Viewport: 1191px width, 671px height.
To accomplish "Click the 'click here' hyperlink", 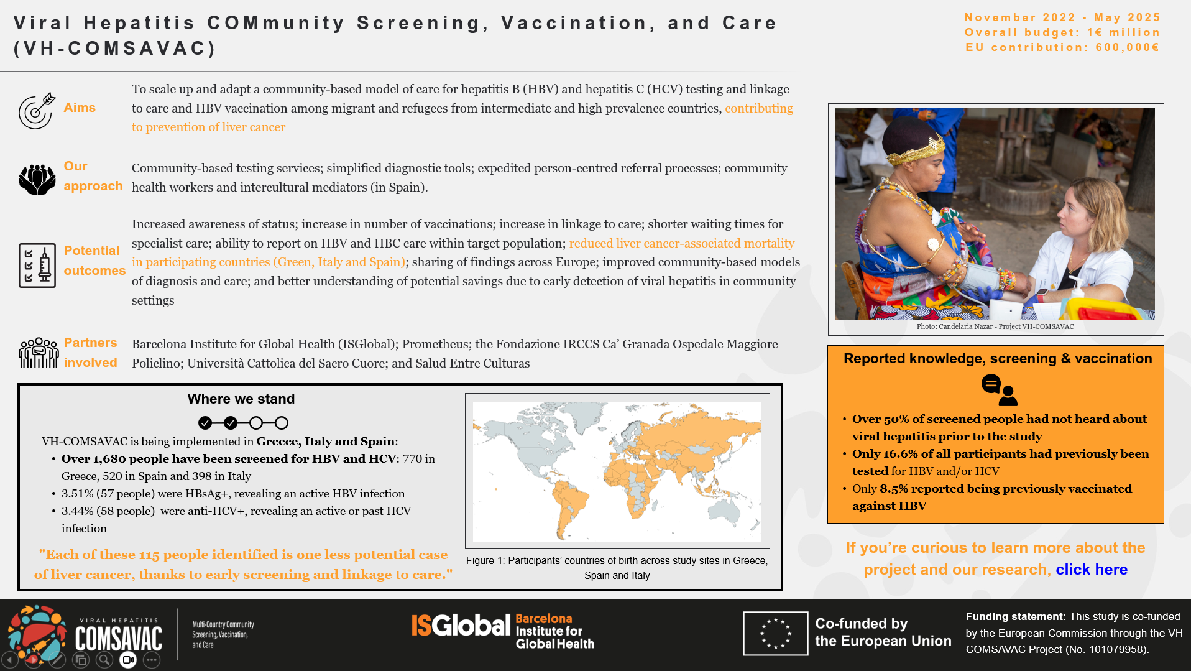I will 1091,570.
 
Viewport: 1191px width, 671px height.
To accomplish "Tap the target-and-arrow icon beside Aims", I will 37,111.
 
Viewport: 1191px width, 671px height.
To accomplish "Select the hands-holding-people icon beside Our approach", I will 37,179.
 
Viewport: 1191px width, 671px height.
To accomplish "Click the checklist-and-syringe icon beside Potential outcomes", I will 37,266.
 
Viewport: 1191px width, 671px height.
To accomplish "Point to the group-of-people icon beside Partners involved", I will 39,353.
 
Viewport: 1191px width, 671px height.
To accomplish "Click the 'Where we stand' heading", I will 241,399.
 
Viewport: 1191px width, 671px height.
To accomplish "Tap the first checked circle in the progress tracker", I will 205,423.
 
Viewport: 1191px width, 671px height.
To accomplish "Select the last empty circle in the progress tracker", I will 282,423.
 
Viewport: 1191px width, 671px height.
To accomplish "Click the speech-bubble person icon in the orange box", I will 999,390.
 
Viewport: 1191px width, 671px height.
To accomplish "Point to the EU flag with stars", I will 775,634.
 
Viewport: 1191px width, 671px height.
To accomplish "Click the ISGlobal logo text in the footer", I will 461,626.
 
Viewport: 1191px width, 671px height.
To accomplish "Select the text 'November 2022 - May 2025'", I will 1062,17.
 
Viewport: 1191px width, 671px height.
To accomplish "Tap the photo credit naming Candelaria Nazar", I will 995,326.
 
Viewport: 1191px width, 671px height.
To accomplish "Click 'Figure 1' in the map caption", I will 484,561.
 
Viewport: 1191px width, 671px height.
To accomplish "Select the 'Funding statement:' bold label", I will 1015,617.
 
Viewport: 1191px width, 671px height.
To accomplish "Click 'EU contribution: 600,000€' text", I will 1062,47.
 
